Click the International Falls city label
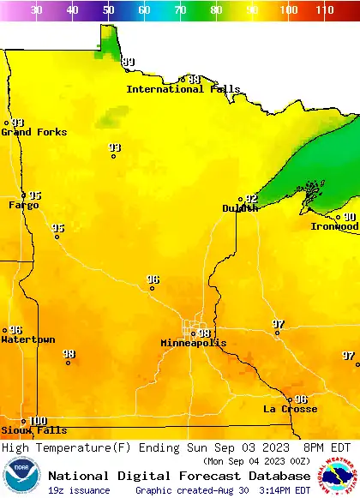(x=177, y=89)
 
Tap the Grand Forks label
(x=28, y=132)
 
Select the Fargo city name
(x=23, y=205)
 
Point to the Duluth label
(x=240, y=208)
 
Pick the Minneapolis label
(x=194, y=343)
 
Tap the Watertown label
(x=27, y=339)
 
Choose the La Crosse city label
(x=290, y=409)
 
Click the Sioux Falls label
(x=33, y=430)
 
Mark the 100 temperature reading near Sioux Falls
(x=38, y=421)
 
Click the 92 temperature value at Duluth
(x=251, y=199)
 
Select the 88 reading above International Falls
(x=195, y=80)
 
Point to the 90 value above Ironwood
(x=350, y=218)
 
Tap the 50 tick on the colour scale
(x=108, y=10)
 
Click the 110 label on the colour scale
(x=324, y=10)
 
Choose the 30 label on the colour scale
(x=36, y=10)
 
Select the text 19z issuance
(x=79, y=490)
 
